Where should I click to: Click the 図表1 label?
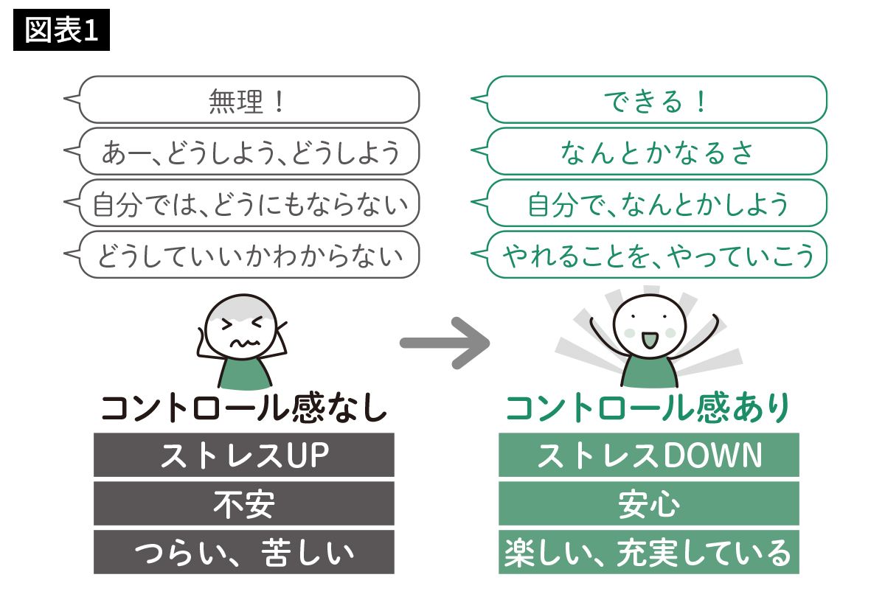pos(61,32)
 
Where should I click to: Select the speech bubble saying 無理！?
pos(247,100)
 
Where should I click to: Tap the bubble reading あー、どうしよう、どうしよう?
pos(247,152)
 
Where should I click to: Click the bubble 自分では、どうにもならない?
pos(247,203)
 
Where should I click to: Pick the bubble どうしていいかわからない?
pos(247,255)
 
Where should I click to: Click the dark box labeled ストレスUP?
pos(243,455)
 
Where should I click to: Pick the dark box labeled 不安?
pos(243,504)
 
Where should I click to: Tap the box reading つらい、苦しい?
pos(243,552)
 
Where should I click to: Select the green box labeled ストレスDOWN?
pos(648,455)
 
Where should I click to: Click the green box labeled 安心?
pos(648,504)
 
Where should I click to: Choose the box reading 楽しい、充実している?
pos(648,552)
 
